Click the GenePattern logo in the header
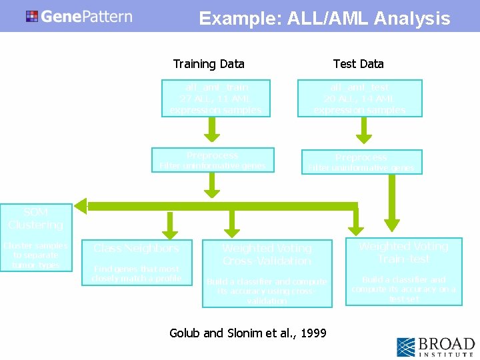coord(79,16)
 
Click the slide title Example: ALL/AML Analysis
coord(324,19)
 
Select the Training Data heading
coord(209,64)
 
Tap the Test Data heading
coord(358,64)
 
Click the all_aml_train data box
coord(216,99)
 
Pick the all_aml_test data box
coord(359,99)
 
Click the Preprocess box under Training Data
coord(213,160)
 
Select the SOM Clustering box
coord(36,237)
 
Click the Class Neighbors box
coord(137,262)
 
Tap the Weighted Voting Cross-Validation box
coord(267,273)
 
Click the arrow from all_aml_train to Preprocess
coord(212,131)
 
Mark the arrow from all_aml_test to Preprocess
coord(364,131)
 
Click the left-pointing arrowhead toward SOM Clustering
coord(81,206)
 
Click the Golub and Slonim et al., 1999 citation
coord(248,333)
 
